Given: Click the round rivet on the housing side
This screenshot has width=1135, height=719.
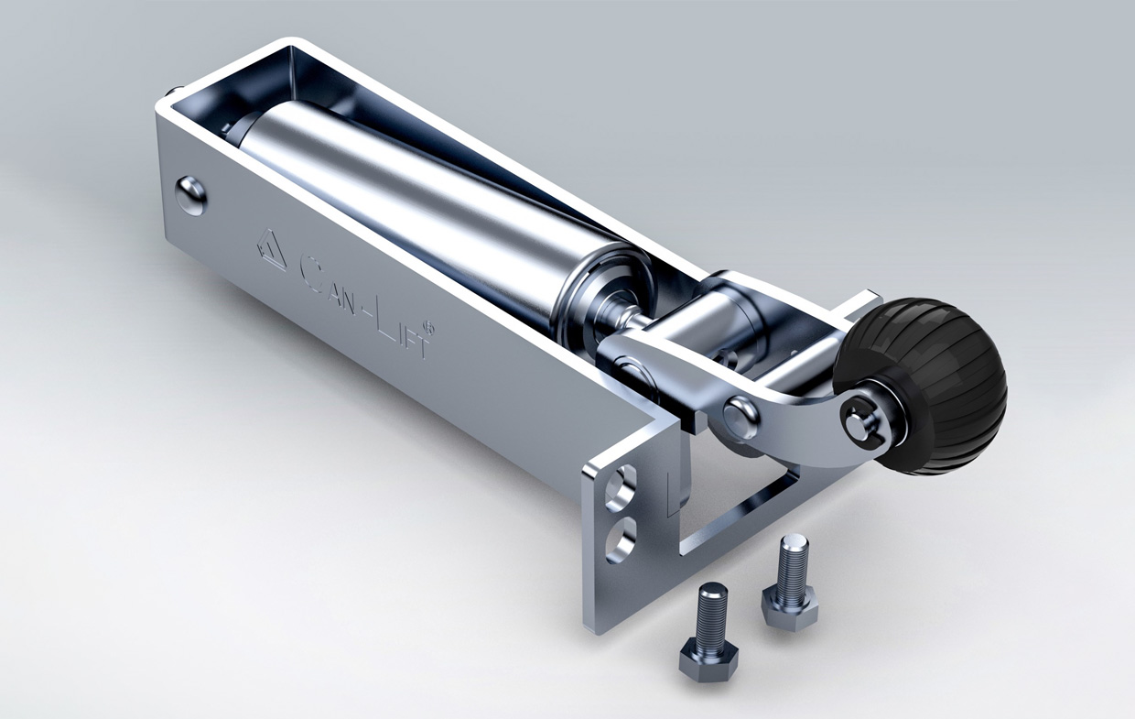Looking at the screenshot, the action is tap(191, 195).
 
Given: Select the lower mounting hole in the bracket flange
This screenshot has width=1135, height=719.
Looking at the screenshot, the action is tap(622, 539).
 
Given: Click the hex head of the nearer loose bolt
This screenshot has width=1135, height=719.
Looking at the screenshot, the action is tap(708, 659).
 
